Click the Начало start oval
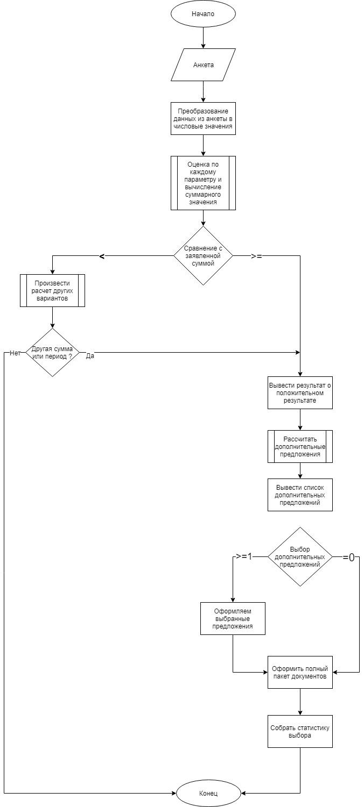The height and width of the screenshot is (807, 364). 203,13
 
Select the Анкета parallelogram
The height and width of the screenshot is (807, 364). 203,65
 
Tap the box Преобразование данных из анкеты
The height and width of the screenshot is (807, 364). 203,119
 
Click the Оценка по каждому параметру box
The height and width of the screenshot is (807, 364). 203,183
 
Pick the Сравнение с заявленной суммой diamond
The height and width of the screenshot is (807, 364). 203,256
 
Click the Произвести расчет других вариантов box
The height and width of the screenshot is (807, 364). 52,291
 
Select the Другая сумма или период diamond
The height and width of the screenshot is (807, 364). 52,352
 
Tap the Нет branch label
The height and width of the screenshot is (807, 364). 15,353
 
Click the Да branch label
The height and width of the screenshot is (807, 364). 90,356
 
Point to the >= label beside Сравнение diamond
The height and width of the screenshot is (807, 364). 256,256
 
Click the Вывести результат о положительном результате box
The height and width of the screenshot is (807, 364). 300,392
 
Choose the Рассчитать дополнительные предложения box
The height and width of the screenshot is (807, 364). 300,446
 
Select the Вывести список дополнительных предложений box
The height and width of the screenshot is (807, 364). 300,495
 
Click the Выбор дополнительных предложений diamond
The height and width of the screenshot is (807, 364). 300,556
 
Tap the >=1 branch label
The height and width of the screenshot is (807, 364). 244,556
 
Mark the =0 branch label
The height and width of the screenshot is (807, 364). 349,558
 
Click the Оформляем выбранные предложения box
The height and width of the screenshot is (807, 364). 233,619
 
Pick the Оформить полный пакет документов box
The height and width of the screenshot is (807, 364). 300,672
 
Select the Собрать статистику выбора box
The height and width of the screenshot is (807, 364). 300,731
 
